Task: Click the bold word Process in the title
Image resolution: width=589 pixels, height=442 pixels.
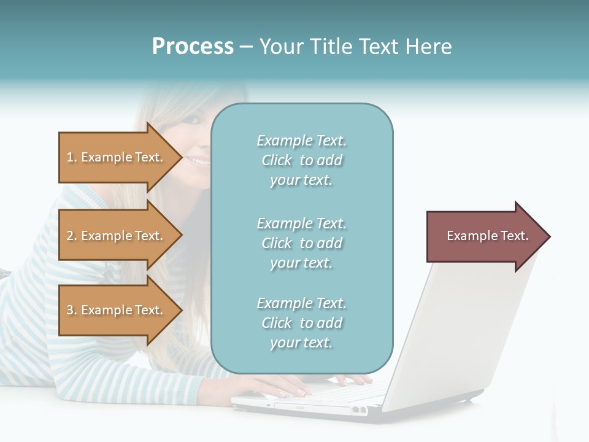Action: pyautogui.click(x=193, y=47)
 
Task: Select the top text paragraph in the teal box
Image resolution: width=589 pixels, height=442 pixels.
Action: pyautogui.click(x=301, y=160)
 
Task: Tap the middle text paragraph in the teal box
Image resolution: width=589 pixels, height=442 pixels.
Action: pyautogui.click(x=301, y=243)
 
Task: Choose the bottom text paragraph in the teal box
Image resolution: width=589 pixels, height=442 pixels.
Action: pyautogui.click(x=301, y=323)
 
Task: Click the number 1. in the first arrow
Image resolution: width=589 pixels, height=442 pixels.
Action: pyautogui.click(x=72, y=157)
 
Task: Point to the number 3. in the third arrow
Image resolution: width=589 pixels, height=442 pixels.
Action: pyautogui.click(x=72, y=310)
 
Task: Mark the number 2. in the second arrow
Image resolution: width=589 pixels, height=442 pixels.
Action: pyautogui.click(x=72, y=236)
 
